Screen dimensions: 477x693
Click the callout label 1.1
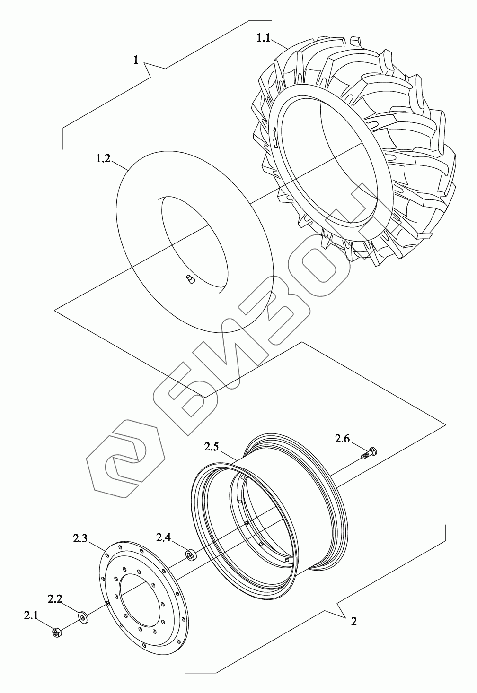click(x=263, y=38)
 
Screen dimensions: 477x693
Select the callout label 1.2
click(x=103, y=159)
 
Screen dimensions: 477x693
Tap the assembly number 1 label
click(x=136, y=60)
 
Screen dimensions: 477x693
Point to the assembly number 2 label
click(x=354, y=621)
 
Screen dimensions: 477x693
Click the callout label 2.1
click(x=31, y=615)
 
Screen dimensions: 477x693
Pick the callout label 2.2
click(x=55, y=599)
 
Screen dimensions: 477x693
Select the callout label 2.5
click(x=212, y=447)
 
